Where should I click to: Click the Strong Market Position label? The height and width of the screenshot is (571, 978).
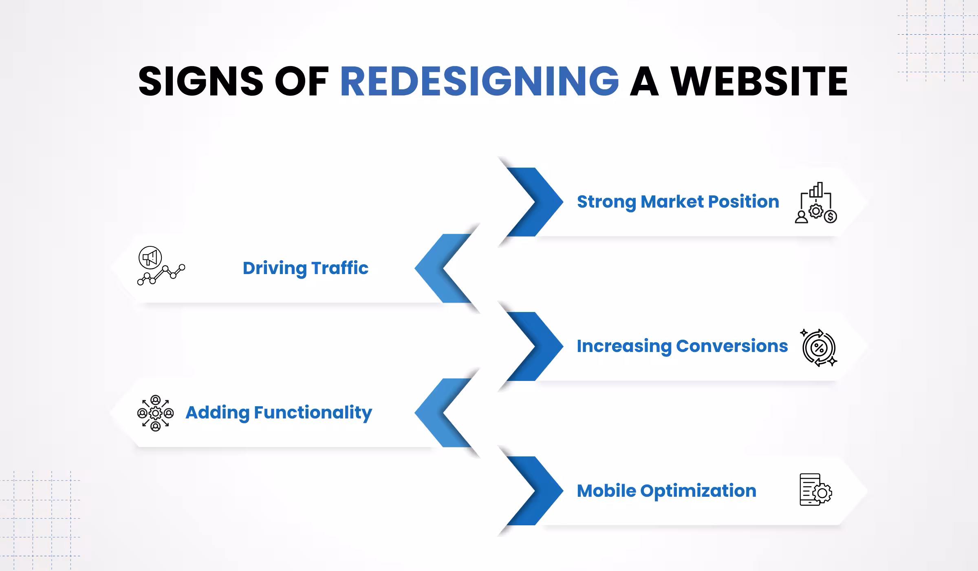pyautogui.click(x=678, y=201)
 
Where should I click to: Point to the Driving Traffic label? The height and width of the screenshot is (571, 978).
pyautogui.click(x=305, y=268)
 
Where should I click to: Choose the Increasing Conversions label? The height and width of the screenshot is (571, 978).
pyautogui.click(x=682, y=346)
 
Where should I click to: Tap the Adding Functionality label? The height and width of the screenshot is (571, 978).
pyautogui.click(x=278, y=412)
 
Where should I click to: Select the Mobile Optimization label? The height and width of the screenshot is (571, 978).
pyautogui.click(x=666, y=491)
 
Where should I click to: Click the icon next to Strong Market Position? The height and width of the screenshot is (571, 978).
pyautogui.click(x=815, y=203)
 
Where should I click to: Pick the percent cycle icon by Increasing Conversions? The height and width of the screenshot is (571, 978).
pyautogui.click(x=819, y=347)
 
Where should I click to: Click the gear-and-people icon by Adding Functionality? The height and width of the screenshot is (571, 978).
pyautogui.click(x=155, y=413)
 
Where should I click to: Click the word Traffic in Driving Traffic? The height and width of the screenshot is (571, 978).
pyautogui.click(x=340, y=268)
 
